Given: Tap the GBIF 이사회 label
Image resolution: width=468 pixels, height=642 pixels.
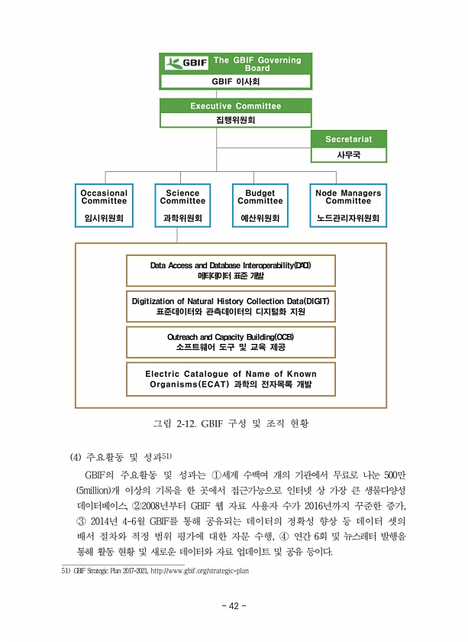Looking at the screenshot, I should tap(235, 81).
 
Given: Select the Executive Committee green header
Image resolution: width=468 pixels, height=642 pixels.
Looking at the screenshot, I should tap(235, 105).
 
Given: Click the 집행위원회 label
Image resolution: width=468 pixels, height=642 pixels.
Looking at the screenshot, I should tap(235, 120).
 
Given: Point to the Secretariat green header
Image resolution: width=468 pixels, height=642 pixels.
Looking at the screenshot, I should tap(348, 139).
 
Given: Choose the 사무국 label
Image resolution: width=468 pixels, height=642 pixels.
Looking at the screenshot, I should tap(348, 154).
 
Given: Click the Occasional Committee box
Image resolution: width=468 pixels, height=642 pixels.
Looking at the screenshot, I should tap(105, 205).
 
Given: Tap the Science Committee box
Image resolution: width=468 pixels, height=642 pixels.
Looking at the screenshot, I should tap(183, 205).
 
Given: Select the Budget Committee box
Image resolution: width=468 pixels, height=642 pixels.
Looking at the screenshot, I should tap(260, 205).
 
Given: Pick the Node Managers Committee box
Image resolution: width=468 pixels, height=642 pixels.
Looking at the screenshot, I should tap(348, 205).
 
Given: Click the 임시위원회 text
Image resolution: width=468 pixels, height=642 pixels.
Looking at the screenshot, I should tap(105, 219).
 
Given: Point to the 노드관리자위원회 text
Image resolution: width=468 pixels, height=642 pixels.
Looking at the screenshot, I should tap(348, 219).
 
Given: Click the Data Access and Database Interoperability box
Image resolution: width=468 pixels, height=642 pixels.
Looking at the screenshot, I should tap(230, 269).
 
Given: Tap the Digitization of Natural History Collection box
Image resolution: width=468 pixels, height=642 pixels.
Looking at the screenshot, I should tap(230, 306).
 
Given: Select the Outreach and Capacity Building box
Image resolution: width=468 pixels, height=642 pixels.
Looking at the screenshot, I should tap(230, 342).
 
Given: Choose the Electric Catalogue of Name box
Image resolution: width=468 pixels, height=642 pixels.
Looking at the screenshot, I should tap(230, 378).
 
